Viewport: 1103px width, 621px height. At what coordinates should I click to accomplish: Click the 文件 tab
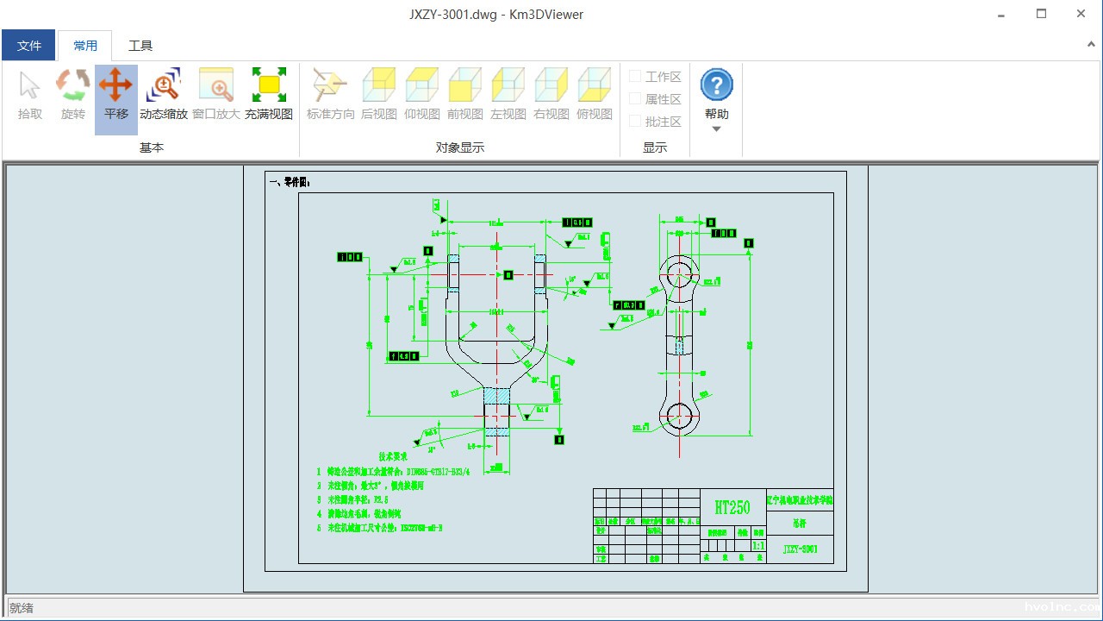tap(29, 46)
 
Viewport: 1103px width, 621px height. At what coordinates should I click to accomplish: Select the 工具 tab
tap(140, 46)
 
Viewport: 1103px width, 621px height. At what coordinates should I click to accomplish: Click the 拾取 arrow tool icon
tap(30, 85)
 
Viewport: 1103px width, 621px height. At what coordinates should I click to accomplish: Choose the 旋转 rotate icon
tap(73, 85)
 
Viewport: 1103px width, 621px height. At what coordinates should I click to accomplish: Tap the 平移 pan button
tap(115, 85)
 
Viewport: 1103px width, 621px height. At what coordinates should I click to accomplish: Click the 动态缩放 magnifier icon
tap(163, 85)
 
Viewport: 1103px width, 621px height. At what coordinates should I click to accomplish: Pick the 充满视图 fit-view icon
tap(269, 85)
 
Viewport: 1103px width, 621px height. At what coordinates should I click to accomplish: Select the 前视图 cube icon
tap(465, 85)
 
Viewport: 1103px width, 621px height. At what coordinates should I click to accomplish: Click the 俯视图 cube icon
tap(595, 85)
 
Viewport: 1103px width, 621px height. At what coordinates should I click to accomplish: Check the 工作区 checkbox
tap(635, 77)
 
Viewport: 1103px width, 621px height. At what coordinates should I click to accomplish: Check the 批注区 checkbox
tap(635, 122)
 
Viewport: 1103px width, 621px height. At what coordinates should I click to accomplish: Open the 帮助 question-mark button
tap(716, 85)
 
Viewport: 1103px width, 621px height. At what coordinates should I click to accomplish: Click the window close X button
tap(1081, 14)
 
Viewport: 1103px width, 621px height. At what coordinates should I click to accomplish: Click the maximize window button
tap(1041, 14)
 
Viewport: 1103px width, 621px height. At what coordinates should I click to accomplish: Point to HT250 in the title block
tap(732, 507)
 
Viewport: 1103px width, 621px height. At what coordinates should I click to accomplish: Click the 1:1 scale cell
tap(758, 546)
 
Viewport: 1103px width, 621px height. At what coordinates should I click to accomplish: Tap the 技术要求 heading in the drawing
tap(393, 456)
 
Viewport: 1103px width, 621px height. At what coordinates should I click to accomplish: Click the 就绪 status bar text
tap(22, 608)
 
